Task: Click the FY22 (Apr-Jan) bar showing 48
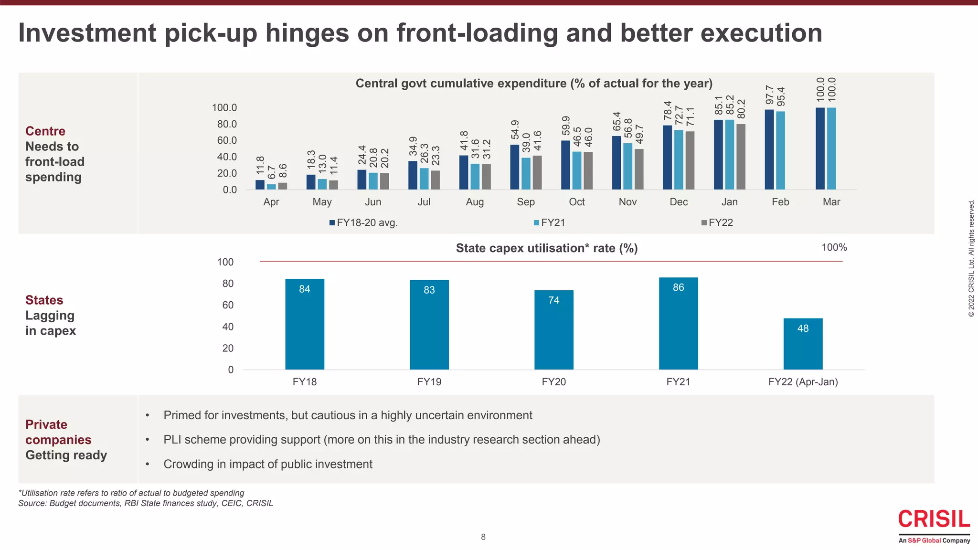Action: click(803, 344)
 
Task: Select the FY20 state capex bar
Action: click(553, 330)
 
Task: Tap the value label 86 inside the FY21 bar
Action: click(678, 287)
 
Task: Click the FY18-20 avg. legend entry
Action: click(363, 223)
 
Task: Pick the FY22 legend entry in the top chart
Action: click(717, 223)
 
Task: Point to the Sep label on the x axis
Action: click(525, 202)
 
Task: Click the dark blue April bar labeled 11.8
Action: click(260, 185)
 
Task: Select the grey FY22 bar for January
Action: click(741, 157)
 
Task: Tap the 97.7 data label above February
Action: click(769, 95)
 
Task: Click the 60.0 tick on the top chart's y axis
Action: click(224, 140)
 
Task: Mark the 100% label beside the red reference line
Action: click(834, 248)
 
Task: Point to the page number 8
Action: click(483, 537)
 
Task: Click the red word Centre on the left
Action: click(45, 131)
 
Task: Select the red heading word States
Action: click(44, 300)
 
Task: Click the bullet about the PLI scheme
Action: click(381, 440)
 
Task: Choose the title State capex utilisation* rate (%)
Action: click(546, 248)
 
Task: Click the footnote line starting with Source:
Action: click(146, 503)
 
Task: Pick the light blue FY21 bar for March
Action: click(831, 148)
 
